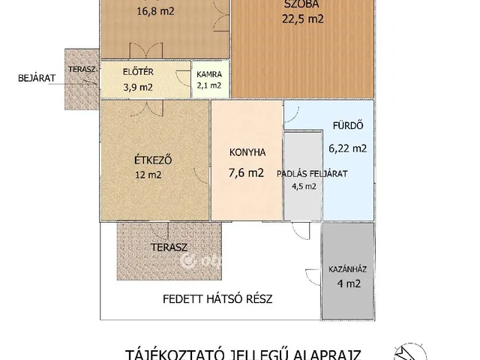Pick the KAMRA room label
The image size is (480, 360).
pyautogui.click(x=209, y=74)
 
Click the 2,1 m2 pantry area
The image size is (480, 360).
pyautogui.click(x=209, y=85)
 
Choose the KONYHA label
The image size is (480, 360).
pyautogui.click(x=247, y=151)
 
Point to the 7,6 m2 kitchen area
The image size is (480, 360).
pyautogui.click(x=247, y=173)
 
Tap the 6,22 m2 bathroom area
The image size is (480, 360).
pyautogui.click(x=348, y=148)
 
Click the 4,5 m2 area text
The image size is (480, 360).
pyautogui.click(x=302, y=187)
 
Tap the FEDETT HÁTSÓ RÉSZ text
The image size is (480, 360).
pyautogui.click(x=217, y=298)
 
